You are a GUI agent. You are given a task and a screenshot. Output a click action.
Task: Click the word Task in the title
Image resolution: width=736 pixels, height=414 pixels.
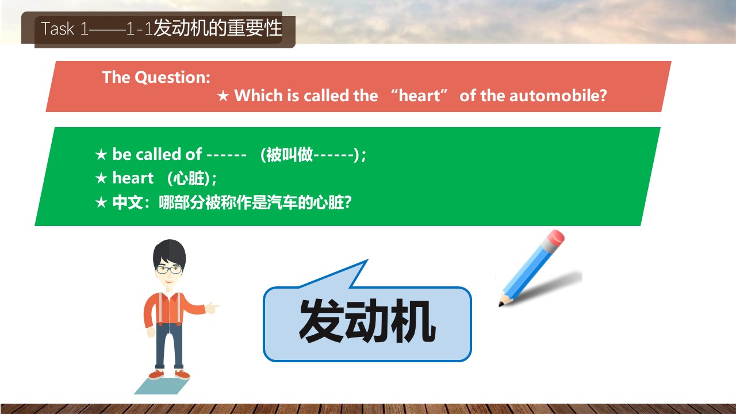pos(58,28)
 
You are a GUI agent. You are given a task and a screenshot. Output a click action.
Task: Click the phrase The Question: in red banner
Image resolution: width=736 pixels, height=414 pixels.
pos(156,78)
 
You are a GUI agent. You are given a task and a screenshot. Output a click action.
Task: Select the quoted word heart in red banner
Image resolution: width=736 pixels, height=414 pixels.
pos(419,95)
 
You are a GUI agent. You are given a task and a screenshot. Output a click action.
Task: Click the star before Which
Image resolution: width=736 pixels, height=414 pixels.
pos(223,96)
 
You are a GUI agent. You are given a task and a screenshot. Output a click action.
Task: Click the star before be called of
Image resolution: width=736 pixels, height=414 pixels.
pos(101,155)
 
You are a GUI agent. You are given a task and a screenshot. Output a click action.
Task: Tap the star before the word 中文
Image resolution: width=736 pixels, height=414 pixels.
pos(101,202)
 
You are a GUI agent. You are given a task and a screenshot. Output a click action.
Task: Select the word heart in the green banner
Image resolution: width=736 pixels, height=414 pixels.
pos(133,178)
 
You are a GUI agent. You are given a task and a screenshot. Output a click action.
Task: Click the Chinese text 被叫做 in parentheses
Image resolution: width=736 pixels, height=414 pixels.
pos(289,155)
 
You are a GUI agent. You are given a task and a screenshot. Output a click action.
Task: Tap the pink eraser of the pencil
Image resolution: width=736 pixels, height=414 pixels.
pos(556,237)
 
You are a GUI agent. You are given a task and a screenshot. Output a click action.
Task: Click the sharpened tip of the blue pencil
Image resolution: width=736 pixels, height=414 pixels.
pos(501,305)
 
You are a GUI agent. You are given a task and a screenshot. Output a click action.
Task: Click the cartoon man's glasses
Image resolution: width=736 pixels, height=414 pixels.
pos(169,270)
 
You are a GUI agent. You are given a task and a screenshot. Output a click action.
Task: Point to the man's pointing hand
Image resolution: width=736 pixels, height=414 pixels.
pos(212,308)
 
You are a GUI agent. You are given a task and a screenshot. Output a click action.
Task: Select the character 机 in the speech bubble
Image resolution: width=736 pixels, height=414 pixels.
pos(414,321)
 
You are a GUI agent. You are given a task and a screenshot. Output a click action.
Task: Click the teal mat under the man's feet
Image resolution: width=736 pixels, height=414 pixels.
pos(162,386)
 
